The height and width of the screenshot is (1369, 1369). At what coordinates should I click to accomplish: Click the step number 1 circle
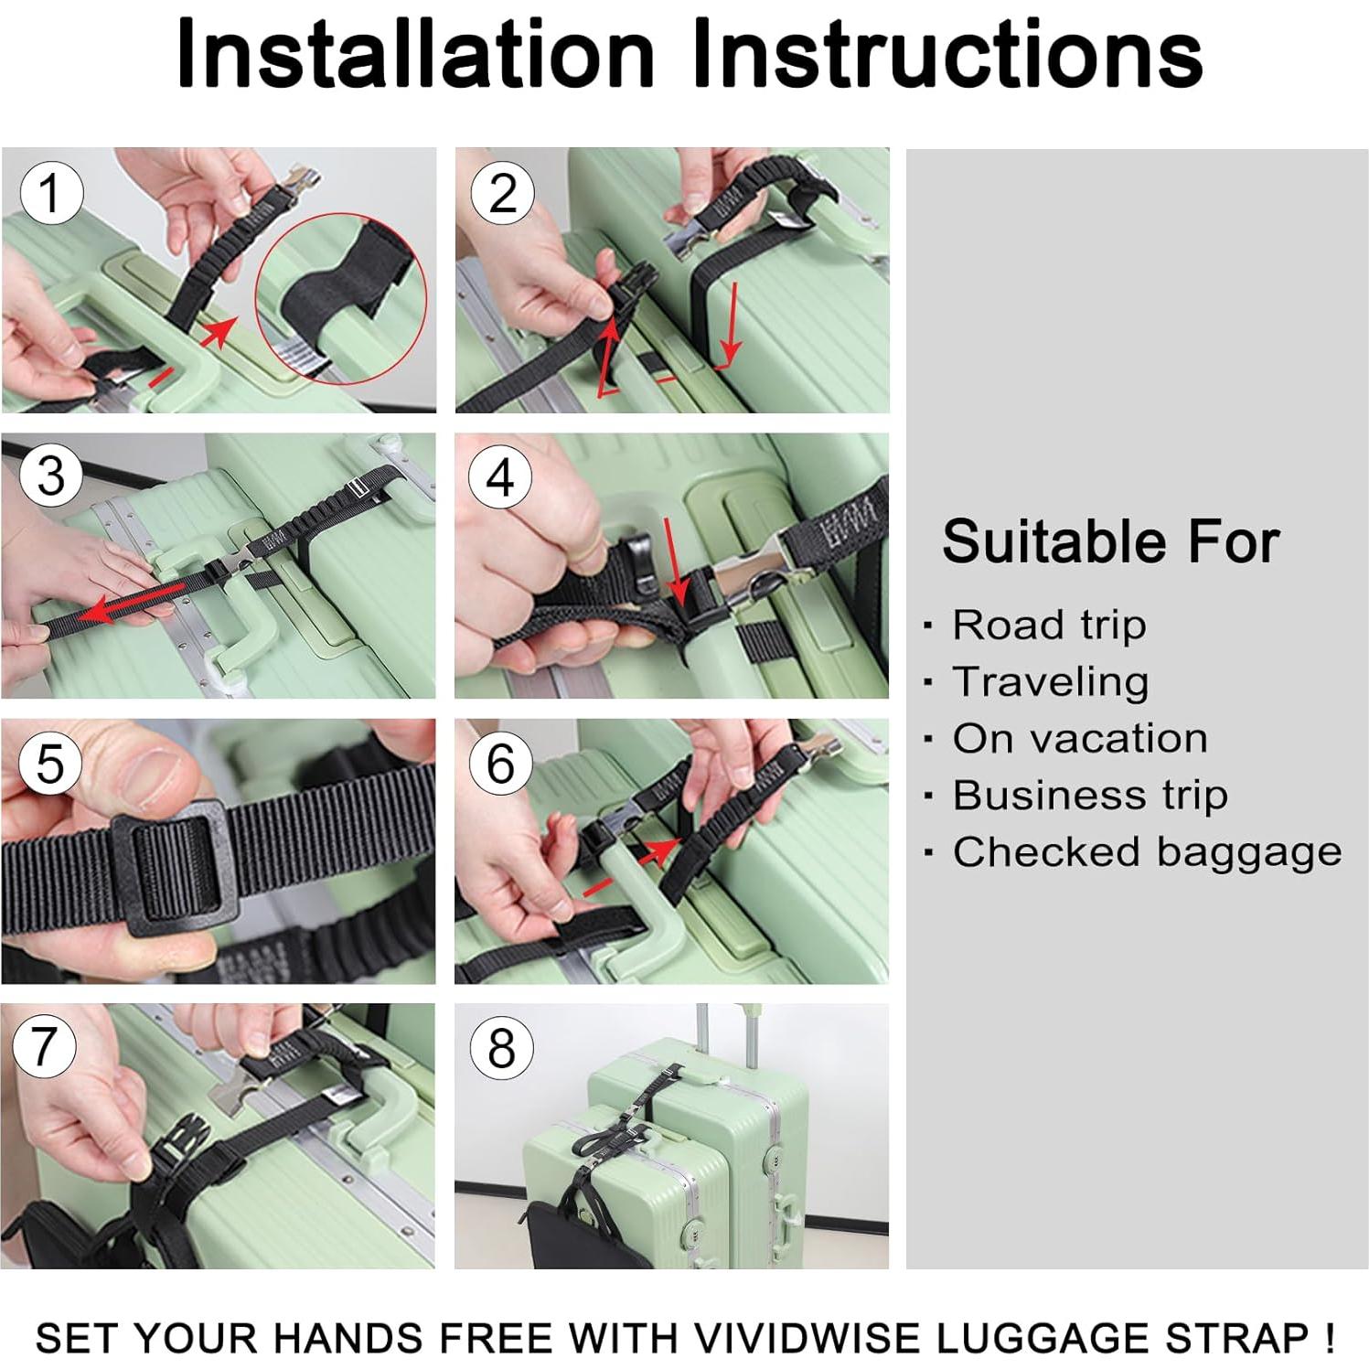pos(51,193)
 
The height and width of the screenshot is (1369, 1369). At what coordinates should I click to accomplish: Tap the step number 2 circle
pos(502,193)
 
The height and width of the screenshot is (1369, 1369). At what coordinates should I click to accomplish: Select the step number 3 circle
pos(51,476)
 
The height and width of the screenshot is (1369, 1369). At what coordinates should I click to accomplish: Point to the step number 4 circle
pos(500,477)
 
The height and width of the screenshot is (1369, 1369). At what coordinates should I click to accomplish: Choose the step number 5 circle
pos(50,763)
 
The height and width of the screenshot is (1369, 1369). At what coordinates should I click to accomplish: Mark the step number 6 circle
pos(500,763)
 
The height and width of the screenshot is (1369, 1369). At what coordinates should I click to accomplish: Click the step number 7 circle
pos(45,1046)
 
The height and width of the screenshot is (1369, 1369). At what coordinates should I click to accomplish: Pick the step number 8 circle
pos(500,1047)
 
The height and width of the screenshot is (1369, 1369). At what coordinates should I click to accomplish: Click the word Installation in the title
pos(416,55)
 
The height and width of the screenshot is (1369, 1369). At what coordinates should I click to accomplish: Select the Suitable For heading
pos(1110,541)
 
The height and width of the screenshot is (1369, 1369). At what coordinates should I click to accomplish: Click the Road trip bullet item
pos(1048,626)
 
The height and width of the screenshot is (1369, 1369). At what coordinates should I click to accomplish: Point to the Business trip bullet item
pos(1089,796)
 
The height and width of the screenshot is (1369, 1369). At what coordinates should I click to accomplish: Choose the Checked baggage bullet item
pos(1146,852)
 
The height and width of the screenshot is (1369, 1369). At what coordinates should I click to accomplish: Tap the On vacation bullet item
pos(1079,739)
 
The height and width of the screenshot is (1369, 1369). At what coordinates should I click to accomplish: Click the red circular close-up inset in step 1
pos(341,298)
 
